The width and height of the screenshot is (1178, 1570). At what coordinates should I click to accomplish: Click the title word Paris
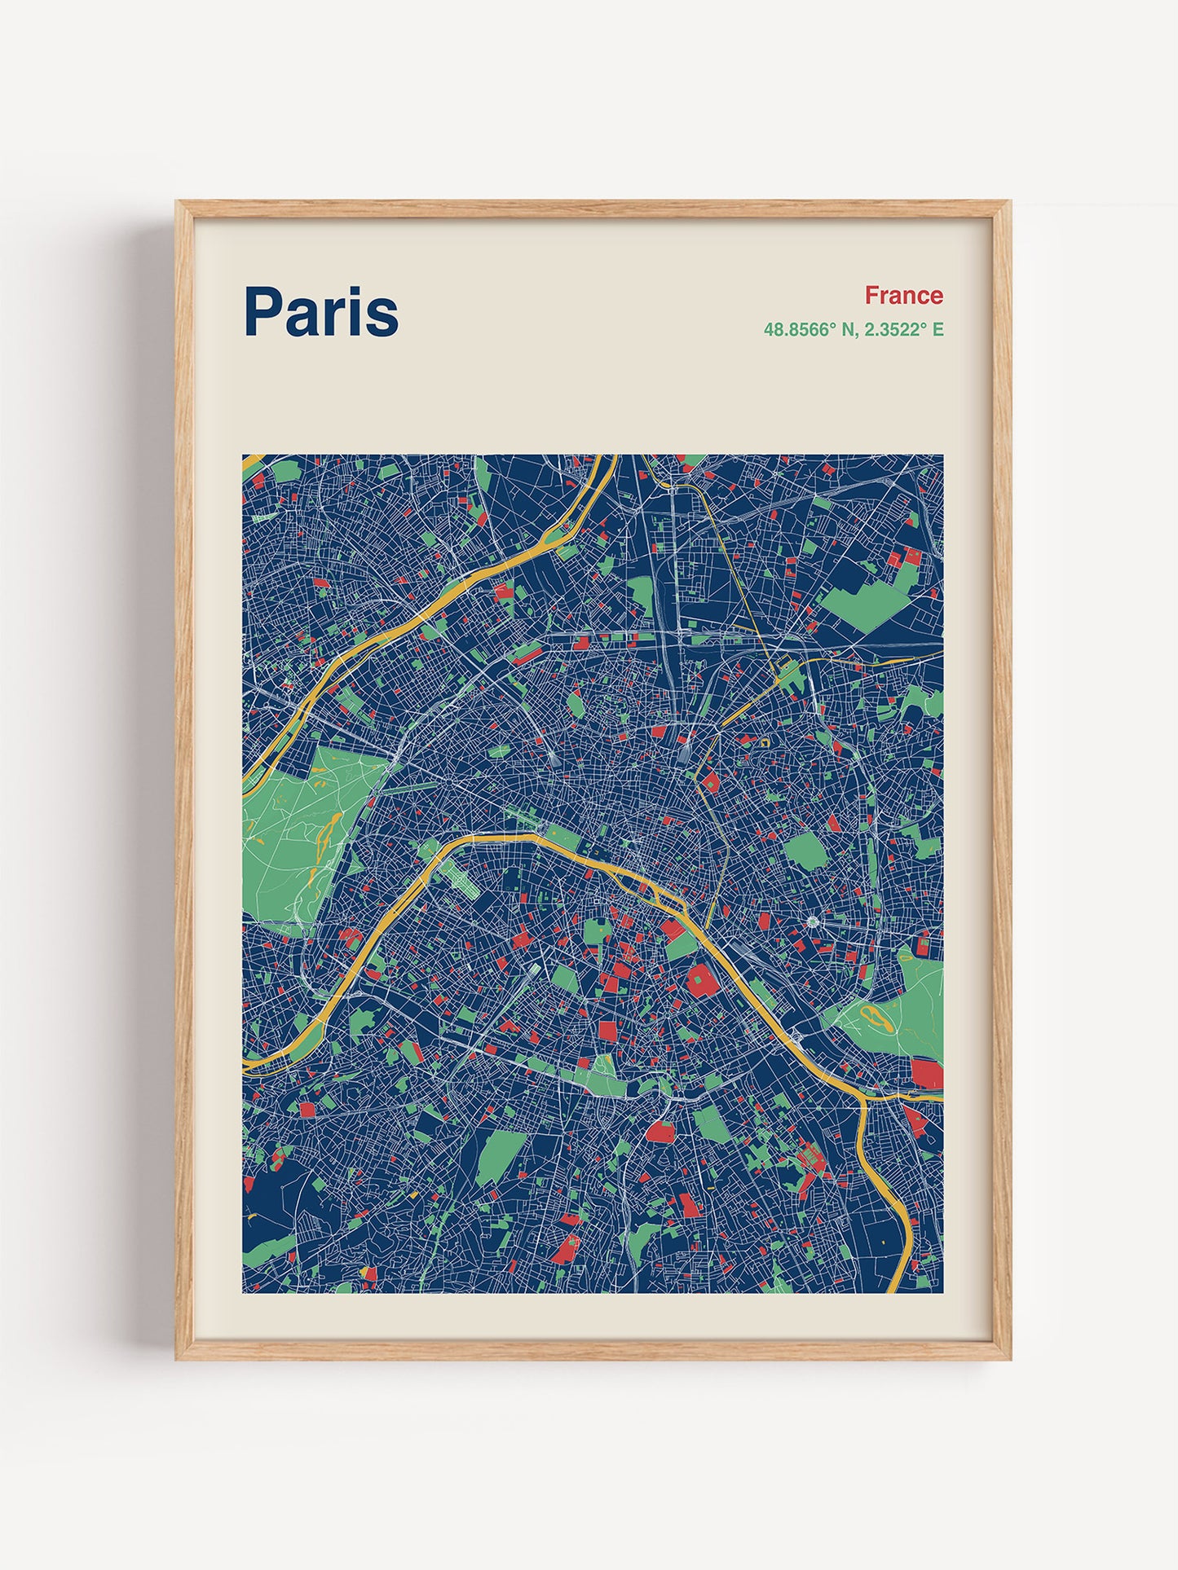tap(321, 312)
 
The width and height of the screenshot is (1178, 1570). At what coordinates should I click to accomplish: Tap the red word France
tap(903, 295)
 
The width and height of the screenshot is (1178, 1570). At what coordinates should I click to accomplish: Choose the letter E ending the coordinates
tap(938, 330)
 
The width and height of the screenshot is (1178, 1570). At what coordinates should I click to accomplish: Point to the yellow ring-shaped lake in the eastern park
tap(873, 1015)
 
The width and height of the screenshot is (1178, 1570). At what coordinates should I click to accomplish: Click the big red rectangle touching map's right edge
tap(927, 1073)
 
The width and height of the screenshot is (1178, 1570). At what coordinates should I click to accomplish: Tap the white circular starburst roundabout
tap(814, 921)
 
